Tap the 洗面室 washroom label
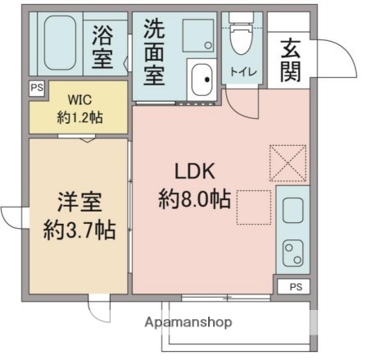click(x=153, y=52)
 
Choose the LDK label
click(x=193, y=172)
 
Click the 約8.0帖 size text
click(x=193, y=199)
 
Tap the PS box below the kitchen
click(x=294, y=286)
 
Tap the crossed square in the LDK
click(x=288, y=162)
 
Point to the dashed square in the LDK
click(x=254, y=207)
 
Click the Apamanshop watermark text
click(x=188, y=322)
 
